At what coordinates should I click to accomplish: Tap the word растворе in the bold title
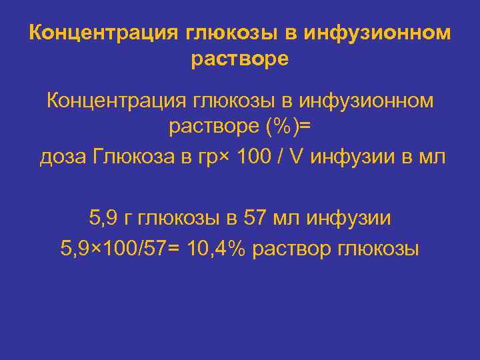240,59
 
